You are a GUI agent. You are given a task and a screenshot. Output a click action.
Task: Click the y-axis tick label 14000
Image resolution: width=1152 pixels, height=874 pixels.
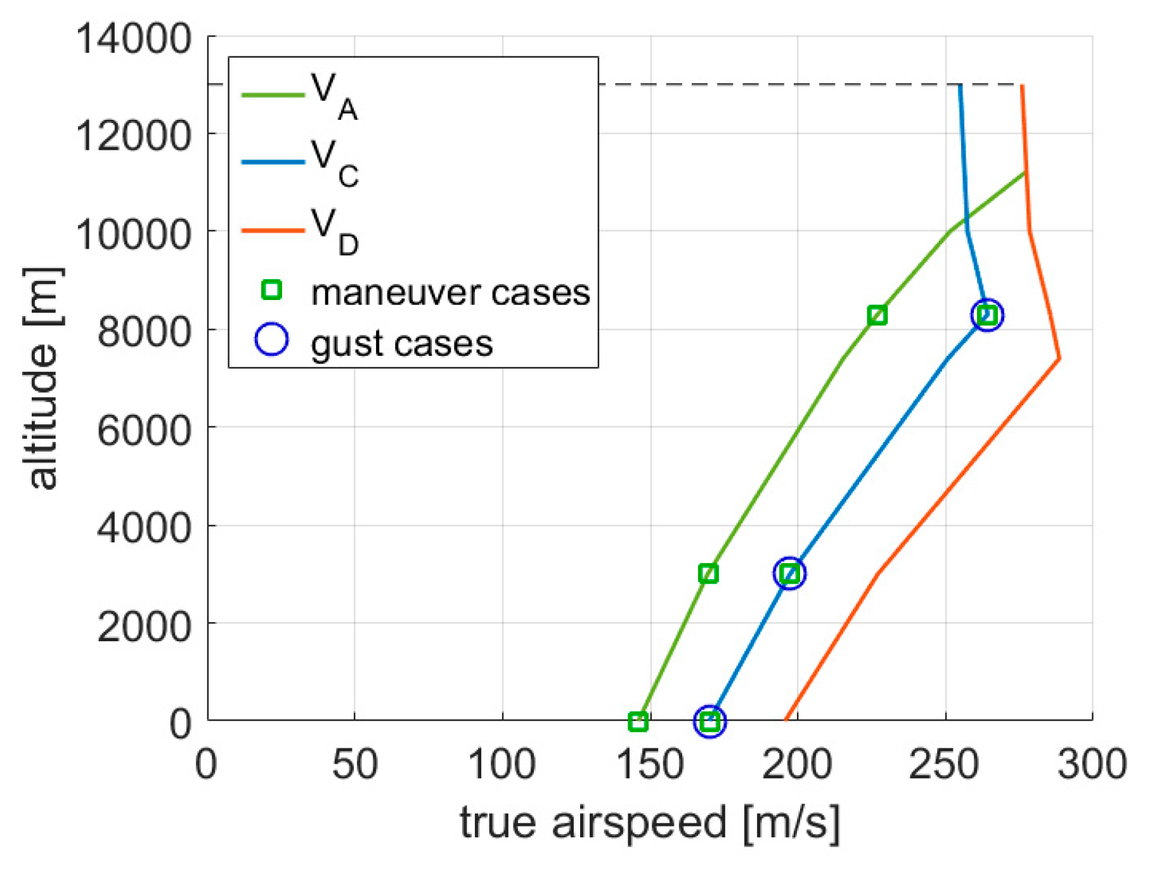(x=133, y=39)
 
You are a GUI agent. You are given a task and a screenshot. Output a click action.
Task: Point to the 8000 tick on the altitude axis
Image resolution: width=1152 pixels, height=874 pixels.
(x=144, y=331)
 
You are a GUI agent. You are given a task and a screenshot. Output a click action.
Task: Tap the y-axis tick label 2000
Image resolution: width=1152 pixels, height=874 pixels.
(x=144, y=627)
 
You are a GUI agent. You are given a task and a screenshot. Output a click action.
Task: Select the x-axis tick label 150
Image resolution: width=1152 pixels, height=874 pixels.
(x=650, y=765)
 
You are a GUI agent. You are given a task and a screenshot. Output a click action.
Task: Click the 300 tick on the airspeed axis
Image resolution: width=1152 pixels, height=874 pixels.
(x=1092, y=765)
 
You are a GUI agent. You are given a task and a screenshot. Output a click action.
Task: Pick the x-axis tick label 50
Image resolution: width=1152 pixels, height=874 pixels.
(x=354, y=765)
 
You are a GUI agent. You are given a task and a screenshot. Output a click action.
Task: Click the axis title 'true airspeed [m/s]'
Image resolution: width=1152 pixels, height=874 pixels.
(x=650, y=823)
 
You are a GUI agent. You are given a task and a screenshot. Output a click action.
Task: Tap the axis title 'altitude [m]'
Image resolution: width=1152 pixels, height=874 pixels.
(x=43, y=379)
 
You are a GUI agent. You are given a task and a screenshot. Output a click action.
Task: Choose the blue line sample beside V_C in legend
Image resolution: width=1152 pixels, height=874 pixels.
(x=273, y=162)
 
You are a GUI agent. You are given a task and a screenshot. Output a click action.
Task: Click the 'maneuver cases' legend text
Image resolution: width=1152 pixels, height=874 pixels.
(x=450, y=293)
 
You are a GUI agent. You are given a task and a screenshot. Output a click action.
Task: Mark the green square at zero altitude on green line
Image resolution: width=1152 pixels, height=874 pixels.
(x=638, y=721)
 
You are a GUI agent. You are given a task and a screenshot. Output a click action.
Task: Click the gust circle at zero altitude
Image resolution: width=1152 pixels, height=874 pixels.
(x=709, y=721)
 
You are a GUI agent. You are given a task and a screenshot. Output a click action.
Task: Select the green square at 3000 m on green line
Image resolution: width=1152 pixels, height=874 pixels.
(x=708, y=573)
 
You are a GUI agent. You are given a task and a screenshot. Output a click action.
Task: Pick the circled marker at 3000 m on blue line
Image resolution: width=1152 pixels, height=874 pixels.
(x=789, y=573)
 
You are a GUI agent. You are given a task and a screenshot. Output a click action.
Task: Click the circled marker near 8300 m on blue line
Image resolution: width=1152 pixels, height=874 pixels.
(x=987, y=315)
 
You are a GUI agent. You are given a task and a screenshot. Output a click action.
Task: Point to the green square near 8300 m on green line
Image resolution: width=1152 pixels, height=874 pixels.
(x=877, y=315)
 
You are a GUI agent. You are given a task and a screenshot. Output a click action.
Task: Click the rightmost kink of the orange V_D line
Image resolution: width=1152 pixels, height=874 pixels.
(x=1059, y=358)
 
